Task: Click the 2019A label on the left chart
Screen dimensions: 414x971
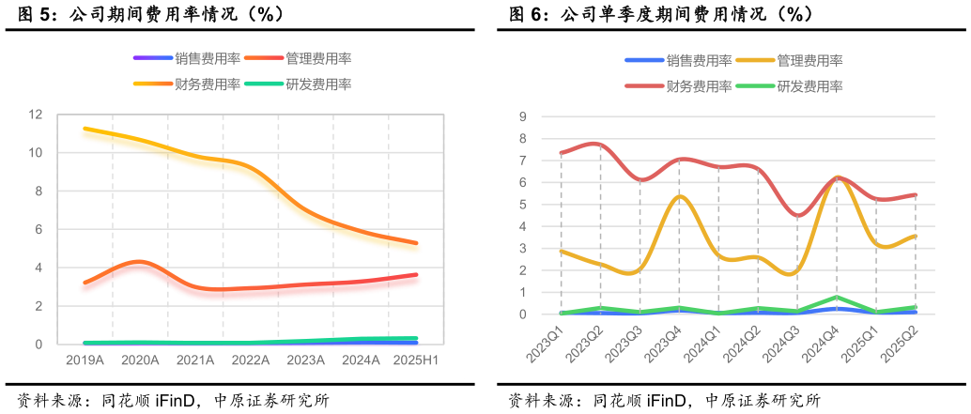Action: [85, 360]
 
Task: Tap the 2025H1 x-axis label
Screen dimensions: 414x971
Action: [416, 360]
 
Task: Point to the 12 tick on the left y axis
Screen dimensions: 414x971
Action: [37, 115]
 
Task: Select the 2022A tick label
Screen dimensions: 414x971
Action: [251, 360]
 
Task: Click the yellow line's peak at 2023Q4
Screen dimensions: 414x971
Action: [679, 196]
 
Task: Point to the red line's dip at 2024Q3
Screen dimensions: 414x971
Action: [797, 216]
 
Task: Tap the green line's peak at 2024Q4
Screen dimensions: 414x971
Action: [837, 297]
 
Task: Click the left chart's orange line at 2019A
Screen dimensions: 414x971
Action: [85, 129]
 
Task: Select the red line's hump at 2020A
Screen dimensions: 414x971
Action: [140, 261]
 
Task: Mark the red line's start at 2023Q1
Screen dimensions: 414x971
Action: [561, 153]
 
